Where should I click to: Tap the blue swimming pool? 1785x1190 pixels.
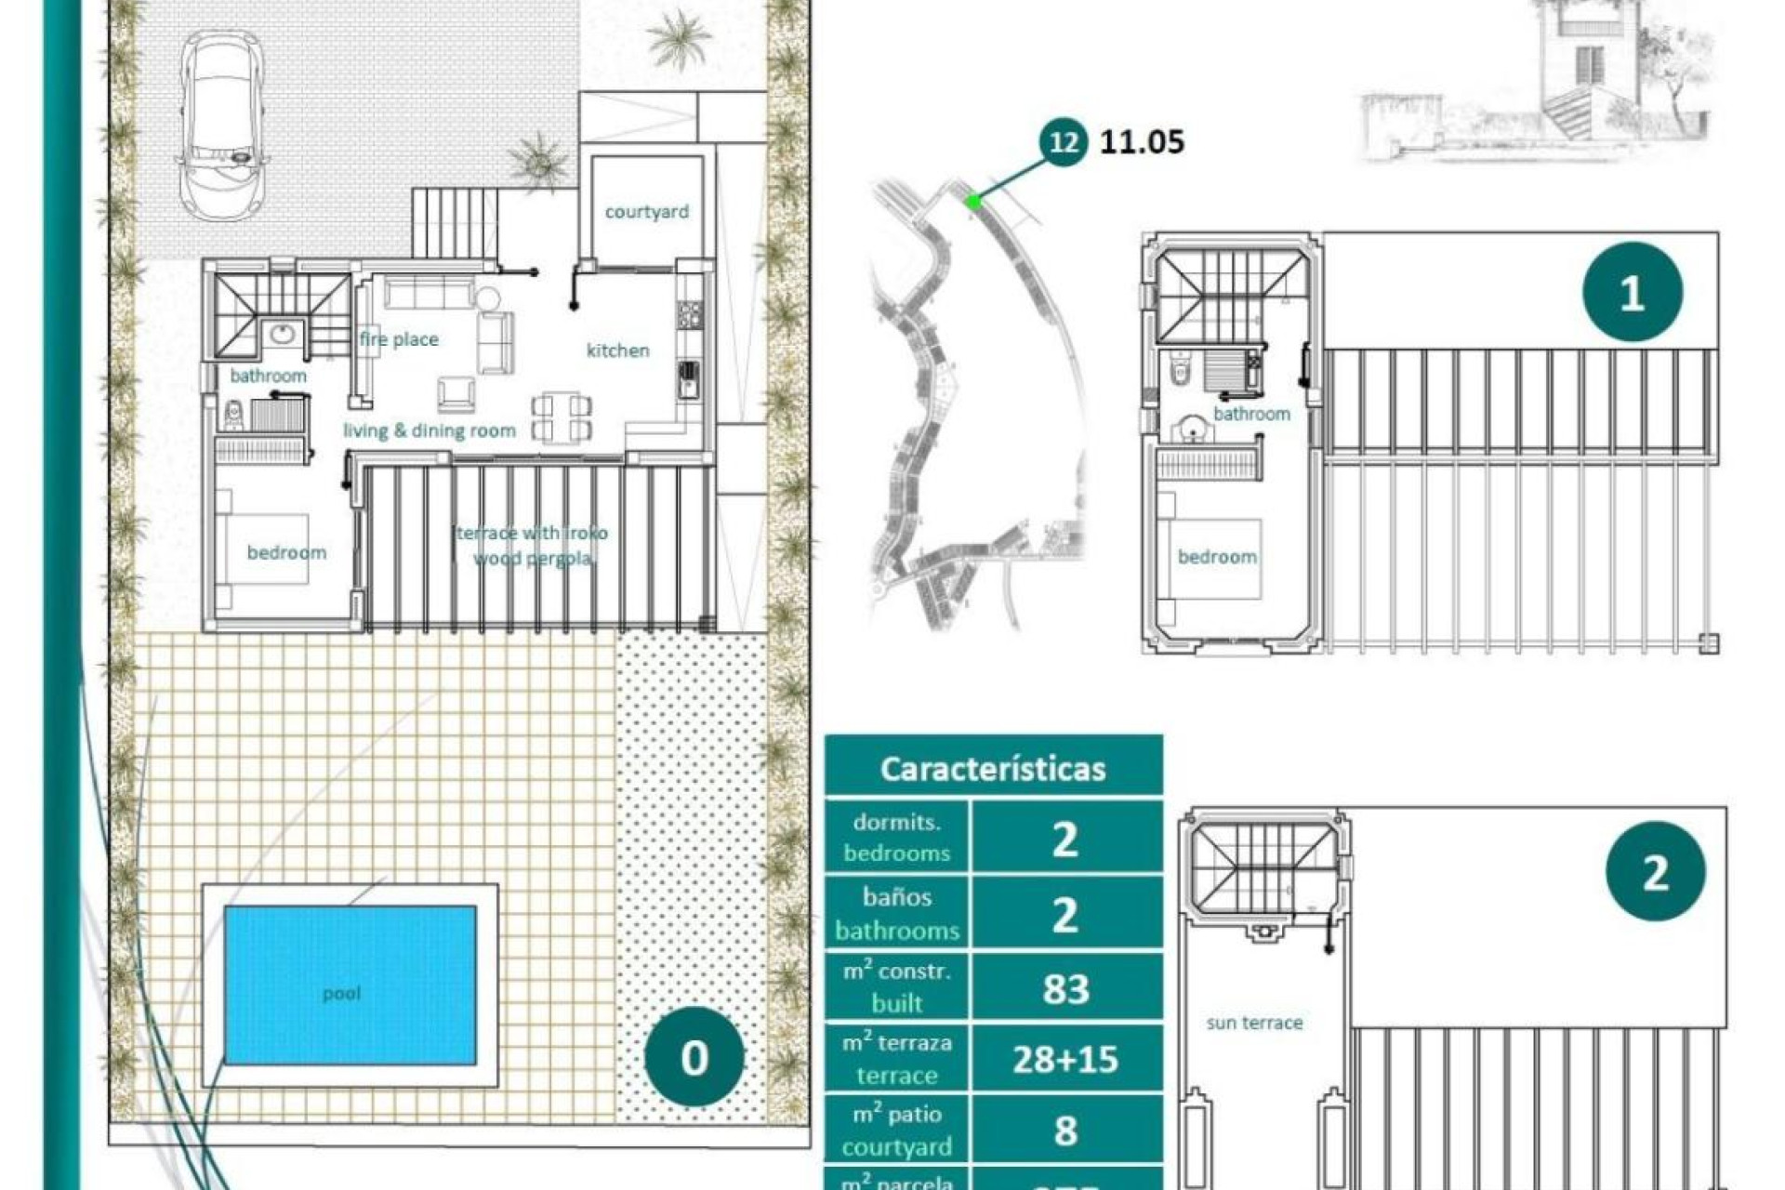pos(350,985)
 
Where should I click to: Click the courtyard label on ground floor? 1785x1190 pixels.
pos(646,212)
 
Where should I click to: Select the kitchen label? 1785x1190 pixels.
pos(617,350)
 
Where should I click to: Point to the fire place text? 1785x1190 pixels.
pos(399,339)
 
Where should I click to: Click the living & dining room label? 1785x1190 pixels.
pos(429,430)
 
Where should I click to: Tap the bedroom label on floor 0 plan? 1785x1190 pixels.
pos(286,552)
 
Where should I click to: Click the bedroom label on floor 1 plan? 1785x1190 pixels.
pos(1217,557)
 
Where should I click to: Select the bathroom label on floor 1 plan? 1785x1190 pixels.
pos(1251,414)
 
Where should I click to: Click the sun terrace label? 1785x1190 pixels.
pos(1254,1023)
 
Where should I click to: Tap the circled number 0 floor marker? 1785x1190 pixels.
pos(694,1057)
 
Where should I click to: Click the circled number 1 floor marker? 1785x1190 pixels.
pos(1632,292)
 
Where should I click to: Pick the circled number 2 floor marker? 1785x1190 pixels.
pos(1655,872)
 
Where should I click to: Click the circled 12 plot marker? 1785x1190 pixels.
pos(1063,142)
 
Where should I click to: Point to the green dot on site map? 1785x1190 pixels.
pos(972,201)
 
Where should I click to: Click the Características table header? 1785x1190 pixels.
pos(993,768)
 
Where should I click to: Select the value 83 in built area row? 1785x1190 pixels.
pos(1065,988)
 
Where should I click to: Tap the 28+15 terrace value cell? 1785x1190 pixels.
pos(1065,1059)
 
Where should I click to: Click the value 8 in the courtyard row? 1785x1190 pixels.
pos(1065,1130)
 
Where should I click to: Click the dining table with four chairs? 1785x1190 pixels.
pos(562,417)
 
